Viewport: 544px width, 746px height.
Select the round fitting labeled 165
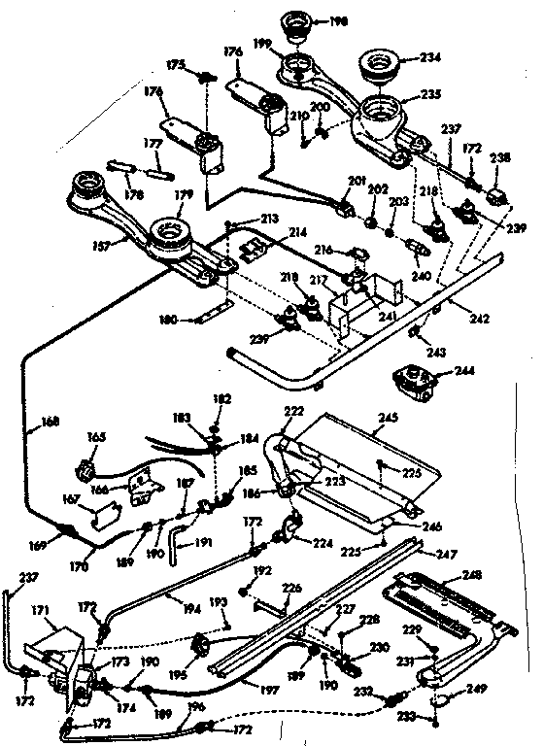[x=85, y=473]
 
